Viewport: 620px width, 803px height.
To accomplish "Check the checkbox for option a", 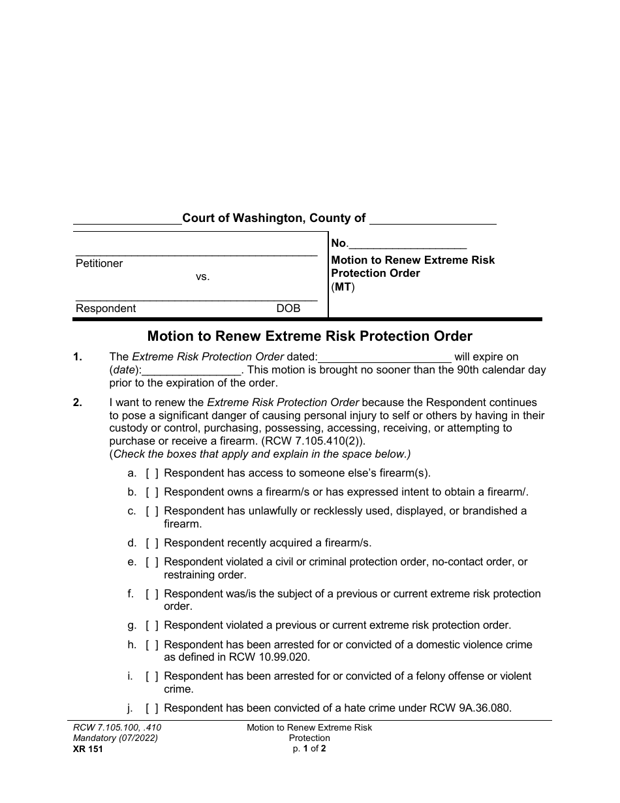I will (x=152, y=473).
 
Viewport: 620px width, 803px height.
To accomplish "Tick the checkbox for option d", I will (x=152, y=543).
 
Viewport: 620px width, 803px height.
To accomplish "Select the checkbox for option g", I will (x=152, y=625).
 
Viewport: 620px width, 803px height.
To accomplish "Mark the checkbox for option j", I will (x=152, y=708).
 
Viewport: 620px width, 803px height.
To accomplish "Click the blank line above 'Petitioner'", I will (x=196, y=253).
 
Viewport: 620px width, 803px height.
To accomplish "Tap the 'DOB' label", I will (x=288, y=309).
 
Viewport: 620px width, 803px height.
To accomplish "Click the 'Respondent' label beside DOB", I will (x=106, y=309).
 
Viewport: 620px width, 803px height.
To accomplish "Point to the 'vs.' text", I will (x=202, y=277).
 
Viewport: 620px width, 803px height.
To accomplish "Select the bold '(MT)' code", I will (x=343, y=287).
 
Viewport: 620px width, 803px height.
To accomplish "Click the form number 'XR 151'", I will (x=84, y=749).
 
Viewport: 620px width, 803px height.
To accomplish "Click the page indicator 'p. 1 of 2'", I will (x=309, y=749).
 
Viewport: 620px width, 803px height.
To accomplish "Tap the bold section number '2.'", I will (x=78, y=403).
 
